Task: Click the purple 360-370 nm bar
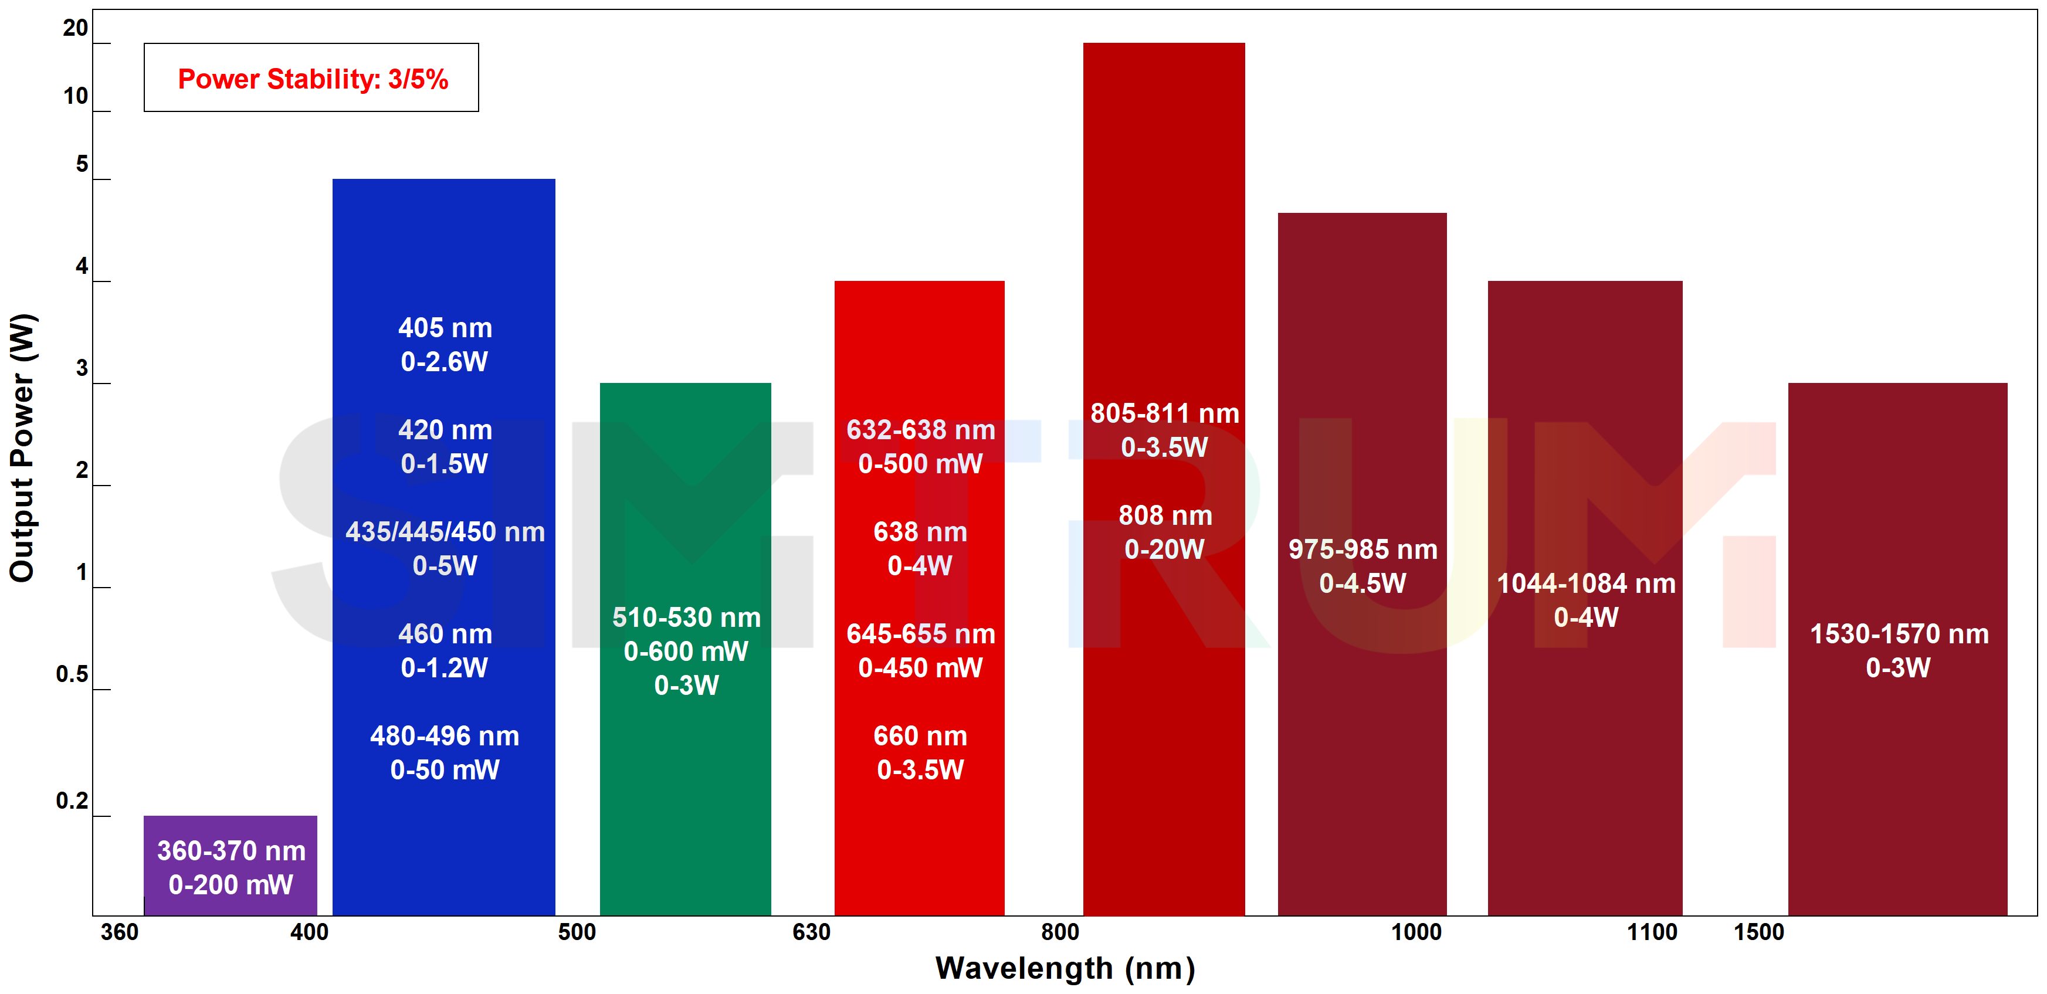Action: click(231, 866)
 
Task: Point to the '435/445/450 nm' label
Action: click(445, 531)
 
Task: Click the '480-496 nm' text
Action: click(445, 736)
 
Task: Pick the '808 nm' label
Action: click(1165, 515)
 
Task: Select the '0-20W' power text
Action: click(1165, 549)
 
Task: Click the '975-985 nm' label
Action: click(1363, 549)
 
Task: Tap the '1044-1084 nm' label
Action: click(1586, 583)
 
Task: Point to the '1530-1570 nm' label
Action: click(1899, 634)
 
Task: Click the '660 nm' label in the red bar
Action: click(920, 736)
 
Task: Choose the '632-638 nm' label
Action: click(920, 430)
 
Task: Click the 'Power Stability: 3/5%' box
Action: click(311, 78)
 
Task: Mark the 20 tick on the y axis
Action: click(76, 29)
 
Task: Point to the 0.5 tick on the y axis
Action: click(72, 674)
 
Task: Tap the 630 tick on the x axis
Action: click(811, 932)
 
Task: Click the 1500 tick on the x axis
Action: click(1758, 932)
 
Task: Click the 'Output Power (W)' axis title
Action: click(22, 447)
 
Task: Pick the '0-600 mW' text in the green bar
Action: click(686, 652)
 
